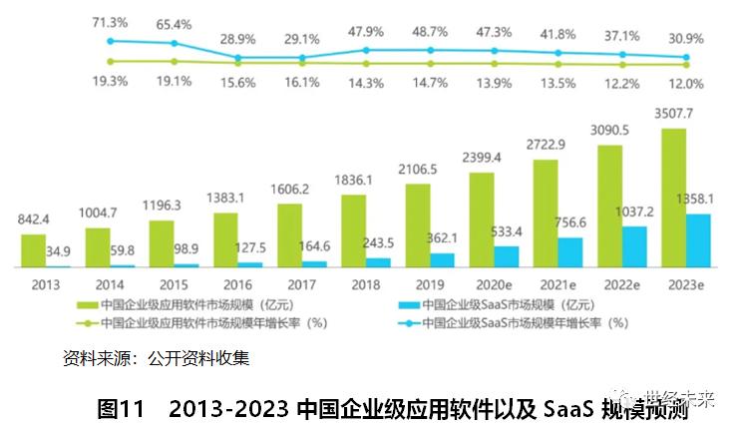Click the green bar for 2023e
pyautogui.click(x=675, y=198)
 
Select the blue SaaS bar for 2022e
pyautogui.click(x=634, y=246)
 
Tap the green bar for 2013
pyautogui.click(x=33, y=250)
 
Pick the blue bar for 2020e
pyautogui.click(x=506, y=256)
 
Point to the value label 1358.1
pyautogui.click(x=710, y=200)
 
